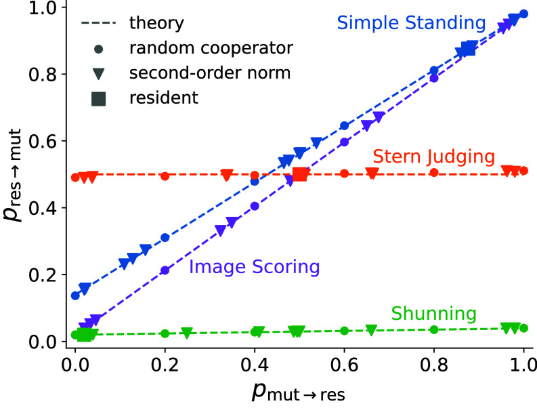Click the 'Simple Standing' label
tap(411, 23)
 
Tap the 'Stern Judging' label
tap(433, 157)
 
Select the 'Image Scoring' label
tap(255, 267)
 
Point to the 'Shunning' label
tap(433, 313)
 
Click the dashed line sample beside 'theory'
tap(99, 23)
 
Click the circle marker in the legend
tap(99, 49)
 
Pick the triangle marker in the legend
tap(99, 74)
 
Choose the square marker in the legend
tap(99, 98)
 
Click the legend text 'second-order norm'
tap(210, 73)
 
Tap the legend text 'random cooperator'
tap(211, 48)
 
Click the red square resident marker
tap(300, 174)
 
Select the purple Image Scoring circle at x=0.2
tap(165, 270)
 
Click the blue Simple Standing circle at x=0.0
tap(75, 295)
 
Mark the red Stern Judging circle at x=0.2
tap(165, 176)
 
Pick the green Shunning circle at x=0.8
tap(434, 329)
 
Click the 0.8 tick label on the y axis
tap(43, 75)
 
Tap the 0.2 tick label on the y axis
tap(43, 275)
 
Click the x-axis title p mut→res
tap(299, 392)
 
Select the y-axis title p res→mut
tap(13, 175)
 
